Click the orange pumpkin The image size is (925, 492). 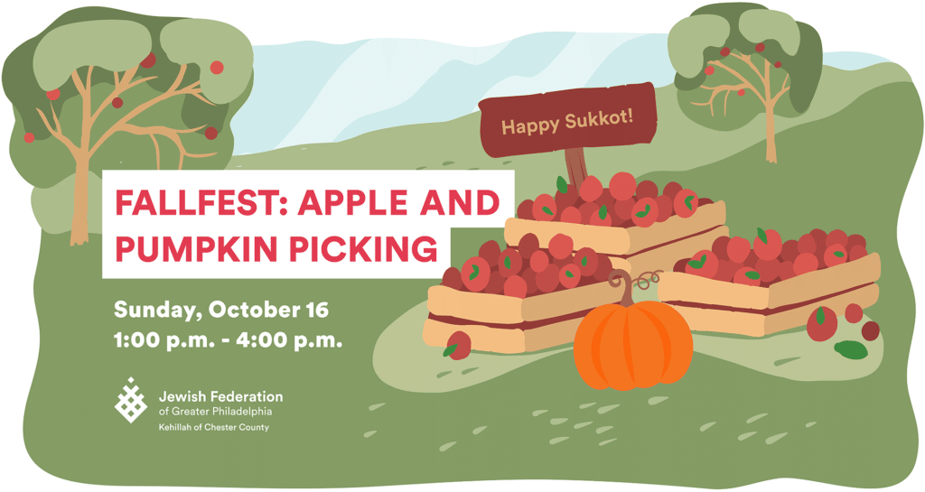point(633,344)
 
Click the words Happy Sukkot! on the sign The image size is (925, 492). point(567,121)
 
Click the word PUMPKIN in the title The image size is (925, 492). point(196,247)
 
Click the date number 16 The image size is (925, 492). point(317,310)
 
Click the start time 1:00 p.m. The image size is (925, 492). point(164,340)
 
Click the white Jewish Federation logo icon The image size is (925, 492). point(130,400)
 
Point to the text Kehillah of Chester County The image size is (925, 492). point(213,427)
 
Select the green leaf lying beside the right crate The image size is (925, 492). point(851,350)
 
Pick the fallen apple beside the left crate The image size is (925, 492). point(458,345)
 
